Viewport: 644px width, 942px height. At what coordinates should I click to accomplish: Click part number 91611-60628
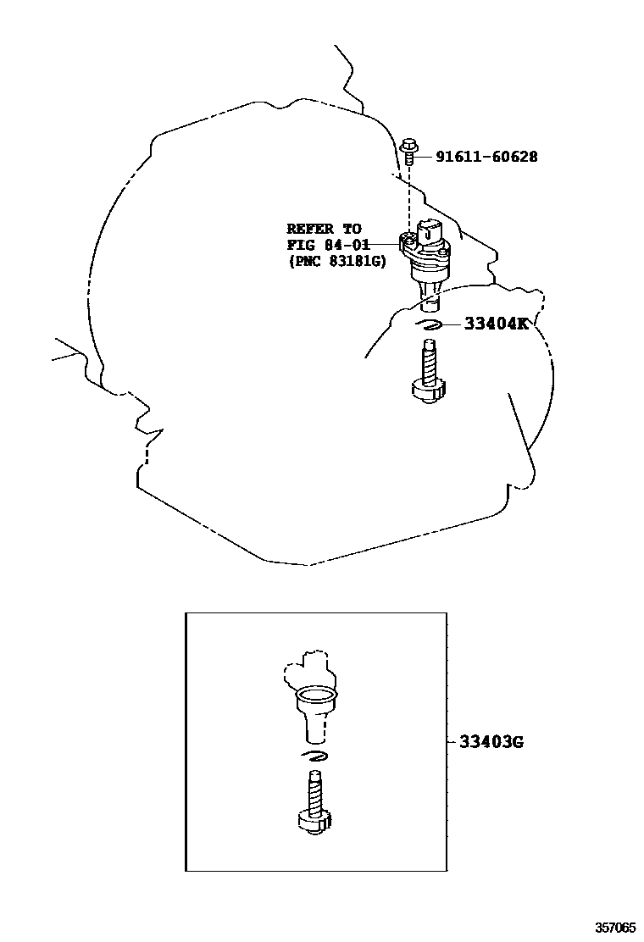coord(486,157)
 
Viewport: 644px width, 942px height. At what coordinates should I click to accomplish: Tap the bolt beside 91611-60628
coord(409,152)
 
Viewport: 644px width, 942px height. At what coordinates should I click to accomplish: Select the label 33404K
coord(495,323)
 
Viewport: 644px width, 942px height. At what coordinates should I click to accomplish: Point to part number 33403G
coord(491,742)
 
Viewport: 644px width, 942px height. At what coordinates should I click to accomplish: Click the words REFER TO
coord(324,229)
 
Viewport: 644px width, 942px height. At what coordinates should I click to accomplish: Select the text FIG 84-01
coord(324,246)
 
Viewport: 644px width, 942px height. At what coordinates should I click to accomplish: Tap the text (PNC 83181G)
coord(336,263)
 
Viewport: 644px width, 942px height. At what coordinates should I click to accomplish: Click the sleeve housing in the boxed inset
coord(314,712)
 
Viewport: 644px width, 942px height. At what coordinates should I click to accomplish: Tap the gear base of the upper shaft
coord(427,391)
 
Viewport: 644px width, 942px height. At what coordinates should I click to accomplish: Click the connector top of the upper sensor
coord(429,228)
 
